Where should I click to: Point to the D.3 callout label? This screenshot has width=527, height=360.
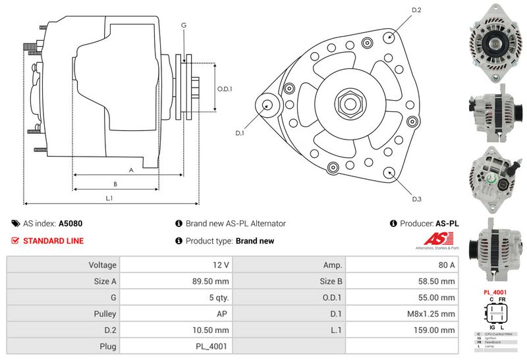click(x=416, y=199)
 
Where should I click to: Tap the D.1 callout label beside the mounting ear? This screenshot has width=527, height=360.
click(x=240, y=133)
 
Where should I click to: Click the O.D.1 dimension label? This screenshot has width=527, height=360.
click(x=225, y=89)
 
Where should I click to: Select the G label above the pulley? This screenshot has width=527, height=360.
click(x=184, y=25)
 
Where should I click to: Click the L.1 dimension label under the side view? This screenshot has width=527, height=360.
click(x=109, y=198)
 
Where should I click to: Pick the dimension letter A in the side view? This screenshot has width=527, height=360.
click(x=131, y=170)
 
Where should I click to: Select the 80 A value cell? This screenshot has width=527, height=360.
click(x=447, y=265)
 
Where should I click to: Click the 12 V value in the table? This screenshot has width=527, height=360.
click(x=221, y=265)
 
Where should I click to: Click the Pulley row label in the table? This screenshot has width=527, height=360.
click(x=104, y=313)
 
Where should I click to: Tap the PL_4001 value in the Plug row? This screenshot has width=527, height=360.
click(x=215, y=346)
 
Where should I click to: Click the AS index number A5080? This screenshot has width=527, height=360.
click(x=70, y=224)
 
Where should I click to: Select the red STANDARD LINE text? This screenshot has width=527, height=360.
click(x=53, y=241)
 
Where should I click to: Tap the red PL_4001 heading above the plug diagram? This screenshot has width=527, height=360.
click(x=494, y=291)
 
